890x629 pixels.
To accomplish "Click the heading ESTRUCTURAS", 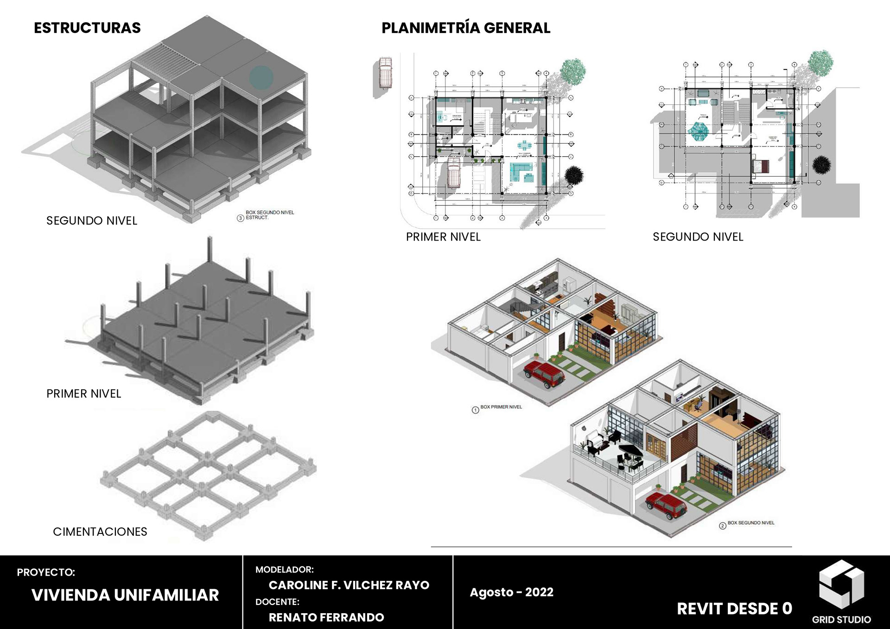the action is coord(87,28).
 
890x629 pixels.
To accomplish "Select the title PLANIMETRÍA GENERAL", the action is coord(465,28).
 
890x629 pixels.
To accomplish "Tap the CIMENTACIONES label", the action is coord(100,532).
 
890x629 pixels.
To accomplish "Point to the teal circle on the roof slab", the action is coord(261,78).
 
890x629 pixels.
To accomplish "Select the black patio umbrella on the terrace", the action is coord(631,449).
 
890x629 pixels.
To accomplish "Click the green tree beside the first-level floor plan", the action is coord(573,71).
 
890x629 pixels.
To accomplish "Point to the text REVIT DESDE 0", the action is coord(734,609).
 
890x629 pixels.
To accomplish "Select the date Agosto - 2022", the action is coord(511,592).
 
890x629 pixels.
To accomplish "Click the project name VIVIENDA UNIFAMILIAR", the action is coord(125,595).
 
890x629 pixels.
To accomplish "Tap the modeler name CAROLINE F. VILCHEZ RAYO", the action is coord(349,585).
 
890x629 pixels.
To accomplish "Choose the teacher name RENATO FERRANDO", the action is coord(326,617).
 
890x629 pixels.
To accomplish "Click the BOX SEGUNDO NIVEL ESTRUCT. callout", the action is coord(269,215).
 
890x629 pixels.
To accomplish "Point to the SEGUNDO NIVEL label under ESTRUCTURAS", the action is coord(92,221).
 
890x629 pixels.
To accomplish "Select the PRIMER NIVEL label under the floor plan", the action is coord(443,237).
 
